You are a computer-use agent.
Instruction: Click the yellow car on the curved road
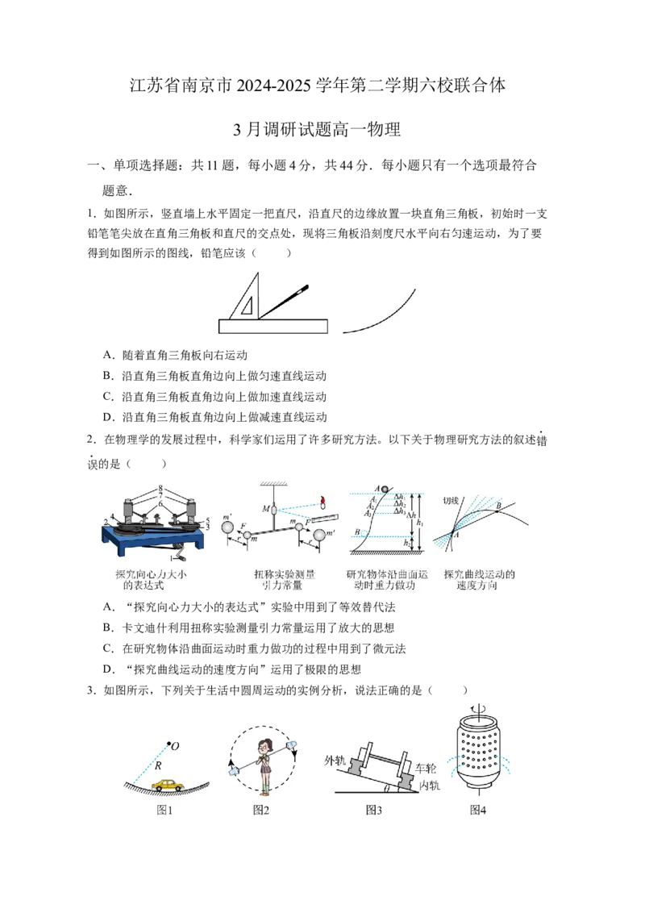point(167,784)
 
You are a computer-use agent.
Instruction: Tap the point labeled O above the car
point(169,743)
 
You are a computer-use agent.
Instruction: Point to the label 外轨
point(335,761)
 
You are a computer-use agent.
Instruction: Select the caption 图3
point(373,810)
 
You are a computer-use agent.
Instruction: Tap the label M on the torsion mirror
point(264,509)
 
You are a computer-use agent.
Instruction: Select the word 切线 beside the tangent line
point(451,500)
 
